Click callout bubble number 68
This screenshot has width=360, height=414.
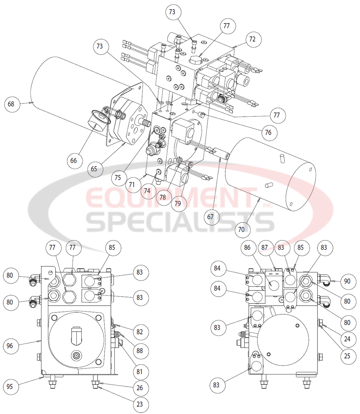click(x=11, y=104)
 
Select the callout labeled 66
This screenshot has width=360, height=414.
click(x=73, y=161)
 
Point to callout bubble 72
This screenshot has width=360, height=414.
click(x=252, y=39)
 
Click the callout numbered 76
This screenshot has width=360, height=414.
click(x=267, y=132)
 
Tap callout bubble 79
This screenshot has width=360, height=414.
click(x=178, y=203)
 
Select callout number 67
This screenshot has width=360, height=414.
click(x=210, y=217)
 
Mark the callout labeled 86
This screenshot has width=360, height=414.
click(x=247, y=248)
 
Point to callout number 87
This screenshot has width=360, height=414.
click(x=265, y=248)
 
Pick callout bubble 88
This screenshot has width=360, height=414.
click(x=140, y=350)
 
